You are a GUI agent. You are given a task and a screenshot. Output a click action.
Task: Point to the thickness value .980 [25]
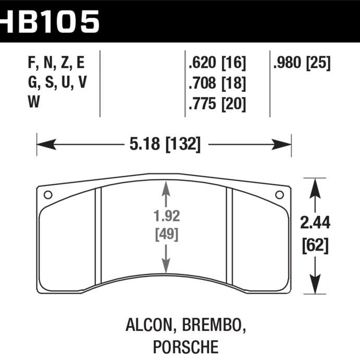(301, 64)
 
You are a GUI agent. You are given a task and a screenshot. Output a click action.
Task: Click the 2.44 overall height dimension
(315, 224)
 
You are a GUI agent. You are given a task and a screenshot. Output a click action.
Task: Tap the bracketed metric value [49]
(166, 234)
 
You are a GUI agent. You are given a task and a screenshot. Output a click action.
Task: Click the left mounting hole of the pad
(48, 195)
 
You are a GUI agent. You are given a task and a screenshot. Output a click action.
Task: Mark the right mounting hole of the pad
(279, 195)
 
